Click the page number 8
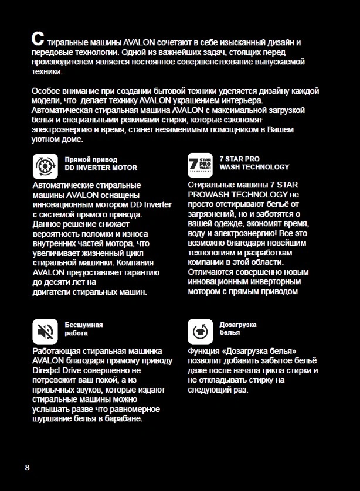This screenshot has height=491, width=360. [x=27, y=468]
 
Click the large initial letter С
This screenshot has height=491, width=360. [x=37, y=40]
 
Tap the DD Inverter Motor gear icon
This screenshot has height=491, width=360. [x=45, y=165]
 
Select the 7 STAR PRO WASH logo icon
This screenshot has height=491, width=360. [x=201, y=165]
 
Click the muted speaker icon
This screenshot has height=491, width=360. [x=45, y=331]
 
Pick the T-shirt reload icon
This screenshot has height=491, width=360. [x=201, y=331]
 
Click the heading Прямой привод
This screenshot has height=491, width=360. [x=91, y=159]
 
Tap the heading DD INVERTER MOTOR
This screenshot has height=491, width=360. [x=101, y=168]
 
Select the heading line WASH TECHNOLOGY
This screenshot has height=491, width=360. [x=254, y=168]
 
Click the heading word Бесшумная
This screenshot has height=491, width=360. [x=84, y=325]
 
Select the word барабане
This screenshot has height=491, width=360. [x=127, y=419]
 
